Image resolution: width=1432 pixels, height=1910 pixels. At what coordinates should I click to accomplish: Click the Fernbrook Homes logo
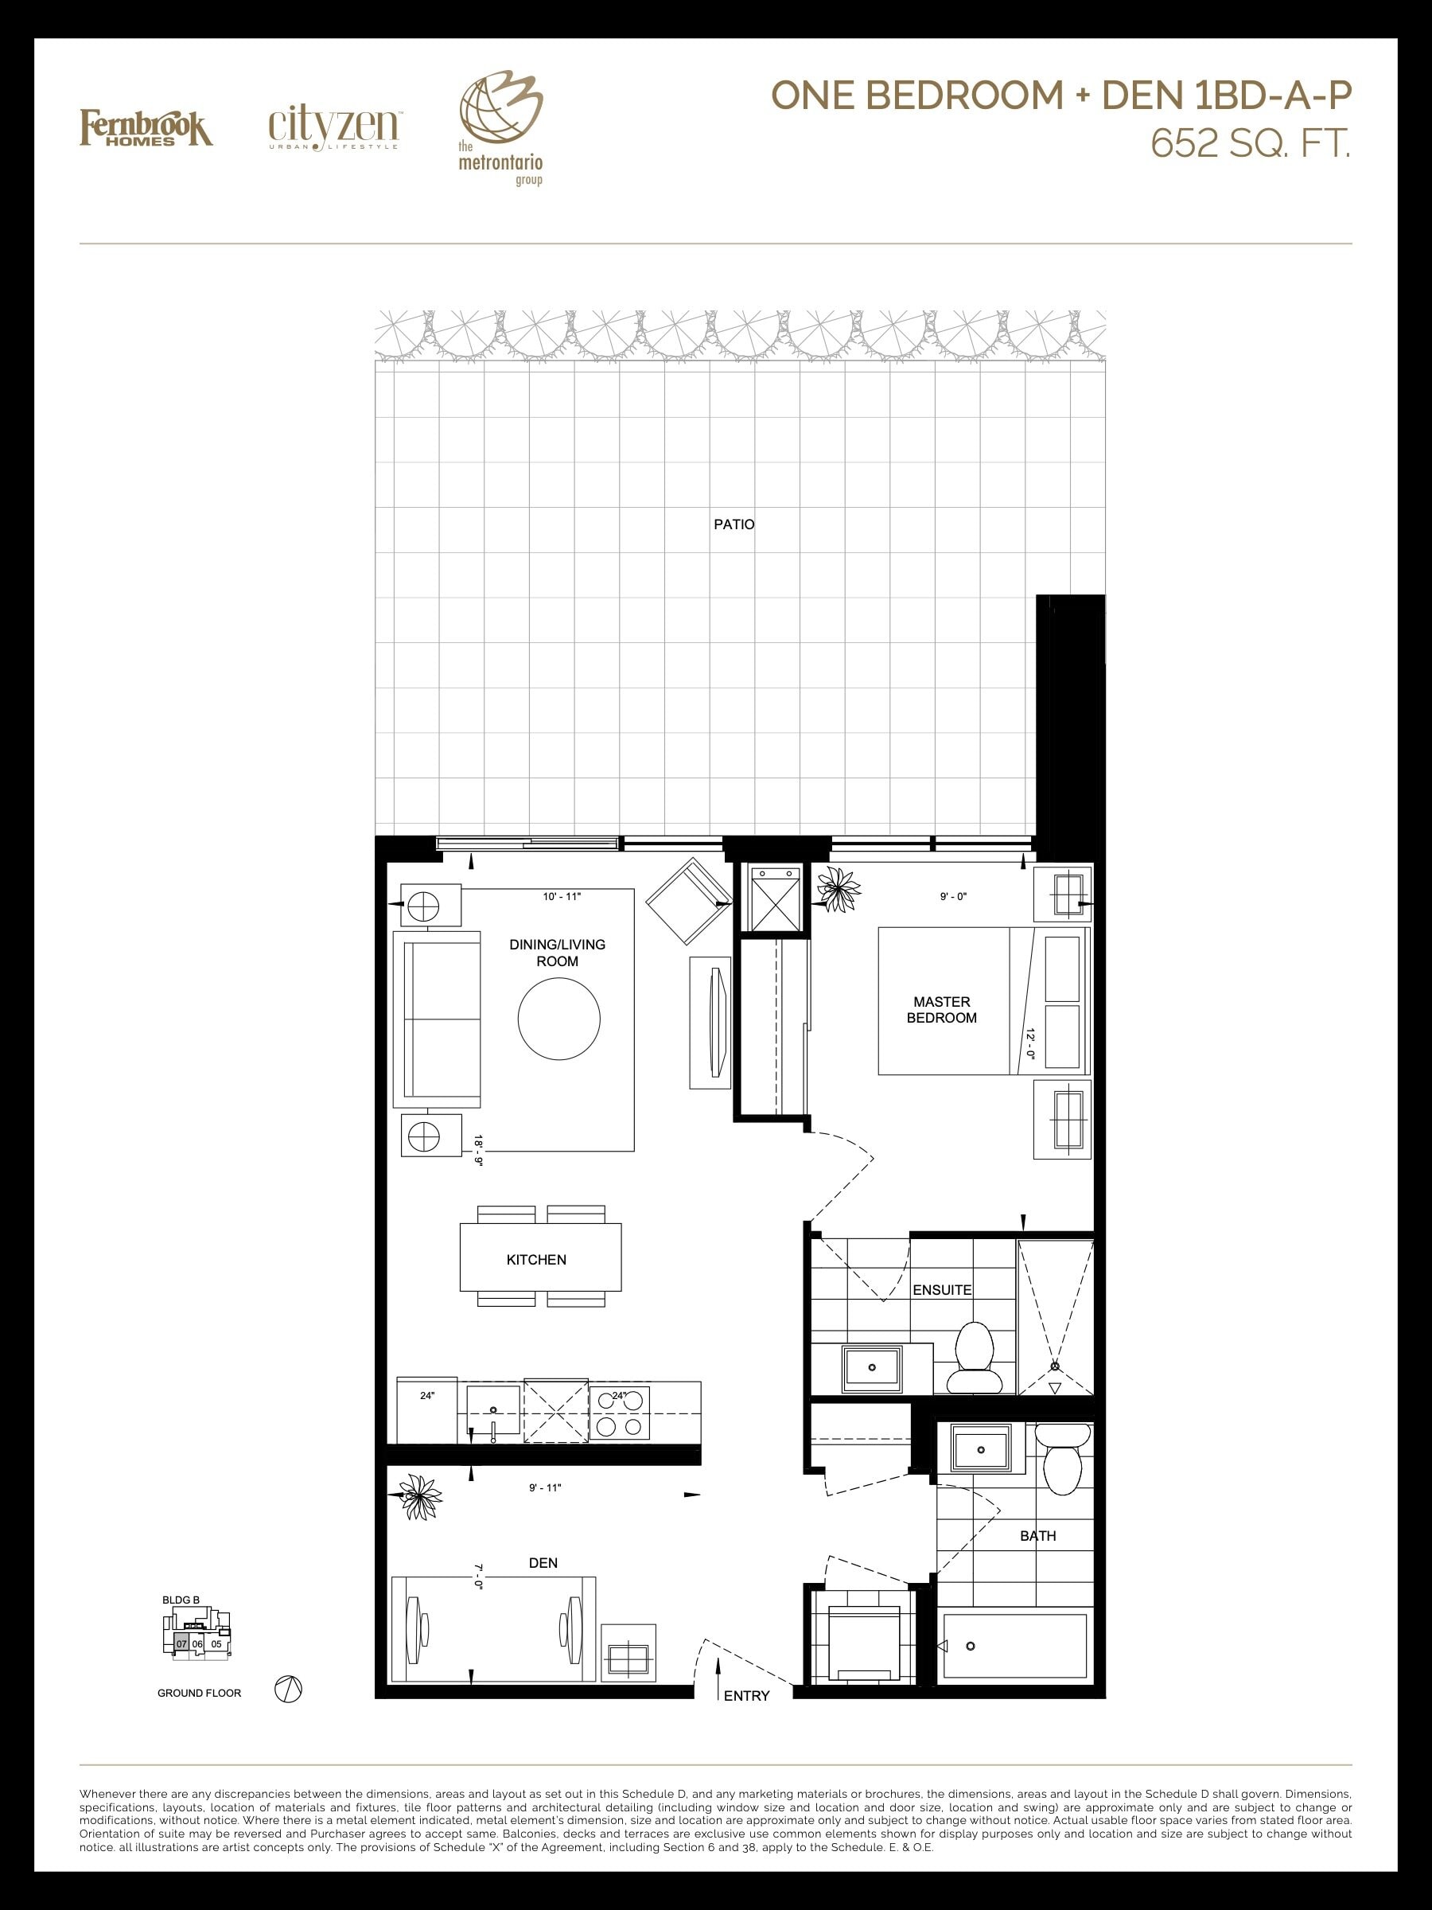click(146, 128)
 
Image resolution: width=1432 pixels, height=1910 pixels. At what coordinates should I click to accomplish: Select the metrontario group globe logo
click(500, 130)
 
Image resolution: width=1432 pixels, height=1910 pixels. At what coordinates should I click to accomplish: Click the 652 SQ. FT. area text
click(1251, 144)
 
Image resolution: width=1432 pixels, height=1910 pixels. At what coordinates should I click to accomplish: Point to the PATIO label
click(734, 524)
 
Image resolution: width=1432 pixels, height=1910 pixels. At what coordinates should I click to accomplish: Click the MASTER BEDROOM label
click(942, 1009)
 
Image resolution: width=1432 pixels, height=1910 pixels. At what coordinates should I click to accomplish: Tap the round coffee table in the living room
click(558, 1018)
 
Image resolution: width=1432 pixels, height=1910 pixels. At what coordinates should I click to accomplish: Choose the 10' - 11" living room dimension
click(562, 897)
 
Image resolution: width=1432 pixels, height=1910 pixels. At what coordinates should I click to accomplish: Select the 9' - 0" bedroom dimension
click(953, 897)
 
